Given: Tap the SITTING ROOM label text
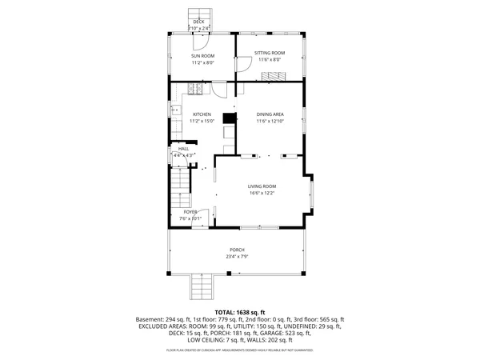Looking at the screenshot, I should coord(270,53).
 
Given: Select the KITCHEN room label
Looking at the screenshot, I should coord(202,114).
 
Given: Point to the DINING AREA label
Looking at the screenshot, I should coord(270,114).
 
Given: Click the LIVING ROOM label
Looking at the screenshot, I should coord(262,186).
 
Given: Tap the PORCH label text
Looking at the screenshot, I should coord(238,249).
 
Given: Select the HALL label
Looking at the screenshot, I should coord(183,149).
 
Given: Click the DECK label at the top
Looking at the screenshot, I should coord(198,22).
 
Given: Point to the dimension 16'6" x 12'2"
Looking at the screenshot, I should coord(262,194).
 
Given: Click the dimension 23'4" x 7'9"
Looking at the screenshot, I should coord(238,256).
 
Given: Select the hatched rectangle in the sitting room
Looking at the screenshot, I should coord(273,75).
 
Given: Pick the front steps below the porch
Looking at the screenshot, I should coord(198,286).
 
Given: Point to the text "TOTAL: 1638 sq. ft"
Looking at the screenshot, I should coord(240,312).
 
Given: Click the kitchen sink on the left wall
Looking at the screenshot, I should coord(174,110).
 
